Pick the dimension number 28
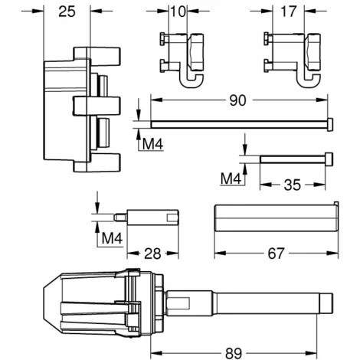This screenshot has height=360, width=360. (x=152, y=254)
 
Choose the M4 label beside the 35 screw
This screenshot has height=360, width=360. (x=231, y=178)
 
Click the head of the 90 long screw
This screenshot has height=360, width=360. (x=331, y=123)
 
